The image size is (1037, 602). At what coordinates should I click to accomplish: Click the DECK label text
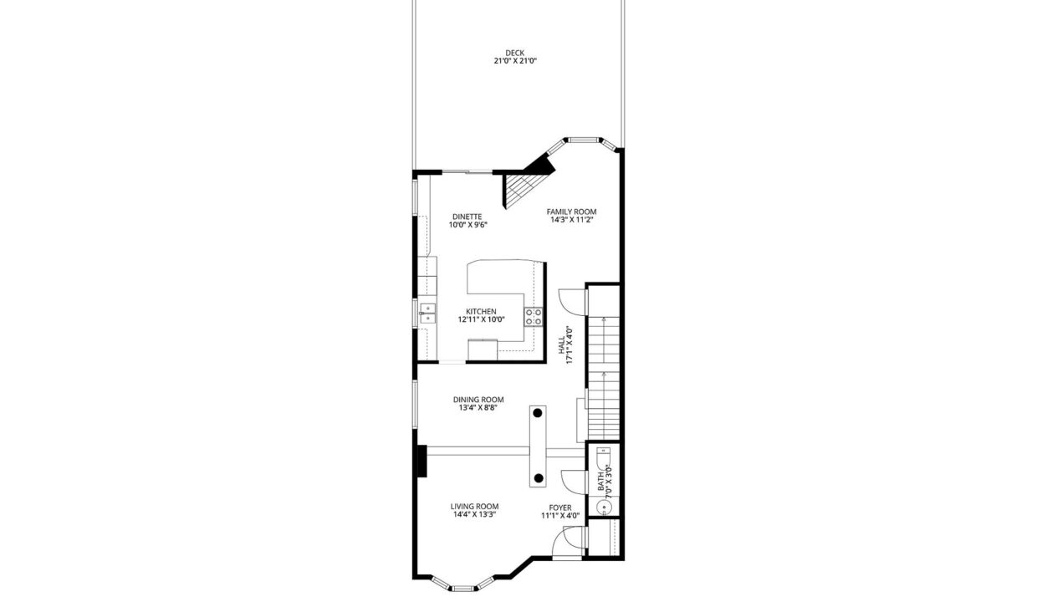point(515,54)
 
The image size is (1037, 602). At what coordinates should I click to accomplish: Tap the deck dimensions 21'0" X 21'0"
point(515,61)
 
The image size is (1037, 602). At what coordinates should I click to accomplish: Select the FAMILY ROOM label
point(571,212)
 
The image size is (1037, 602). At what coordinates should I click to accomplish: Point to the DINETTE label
point(467,217)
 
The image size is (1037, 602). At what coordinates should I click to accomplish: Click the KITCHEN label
point(481,312)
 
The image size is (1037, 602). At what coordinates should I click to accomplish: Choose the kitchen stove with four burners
point(534,317)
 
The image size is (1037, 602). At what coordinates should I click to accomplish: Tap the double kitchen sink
point(427,314)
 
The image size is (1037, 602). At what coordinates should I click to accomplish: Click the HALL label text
point(561,344)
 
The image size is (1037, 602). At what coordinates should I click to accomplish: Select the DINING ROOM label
point(478,400)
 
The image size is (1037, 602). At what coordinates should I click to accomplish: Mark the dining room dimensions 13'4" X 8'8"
point(478,408)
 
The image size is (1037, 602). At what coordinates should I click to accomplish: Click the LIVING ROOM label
point(474,507)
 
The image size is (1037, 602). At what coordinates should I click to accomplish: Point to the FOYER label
point(560,508)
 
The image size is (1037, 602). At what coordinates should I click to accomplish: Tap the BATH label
point(600,482)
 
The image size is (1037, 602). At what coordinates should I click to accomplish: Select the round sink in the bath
point(604,508)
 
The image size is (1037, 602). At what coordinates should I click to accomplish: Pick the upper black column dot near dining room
point(538,413)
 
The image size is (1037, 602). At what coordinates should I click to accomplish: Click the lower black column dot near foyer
point(539,478)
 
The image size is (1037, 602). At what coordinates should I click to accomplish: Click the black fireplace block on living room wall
point(421,461)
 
